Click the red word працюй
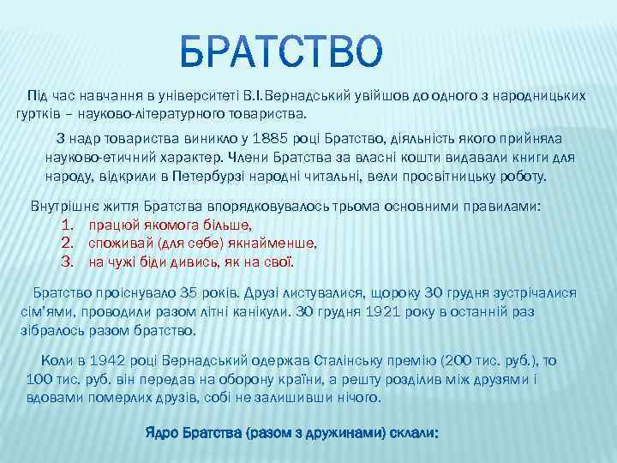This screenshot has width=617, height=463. point(111,225)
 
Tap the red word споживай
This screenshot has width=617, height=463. point(119,243)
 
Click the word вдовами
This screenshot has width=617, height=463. point(55,399)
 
